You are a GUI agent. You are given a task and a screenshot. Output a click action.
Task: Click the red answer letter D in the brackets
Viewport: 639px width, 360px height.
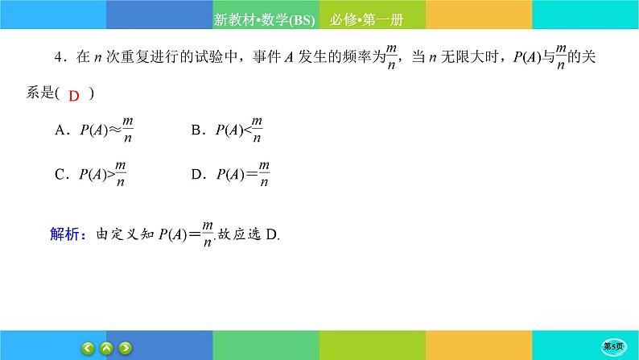73,96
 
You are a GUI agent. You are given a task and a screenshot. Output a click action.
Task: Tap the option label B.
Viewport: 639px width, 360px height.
197,130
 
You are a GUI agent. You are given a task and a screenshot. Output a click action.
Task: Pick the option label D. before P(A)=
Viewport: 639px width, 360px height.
197,173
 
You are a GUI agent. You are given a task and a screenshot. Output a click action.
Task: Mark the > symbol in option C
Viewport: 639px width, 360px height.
113,173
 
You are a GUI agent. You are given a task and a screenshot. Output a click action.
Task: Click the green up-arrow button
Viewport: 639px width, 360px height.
106,348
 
